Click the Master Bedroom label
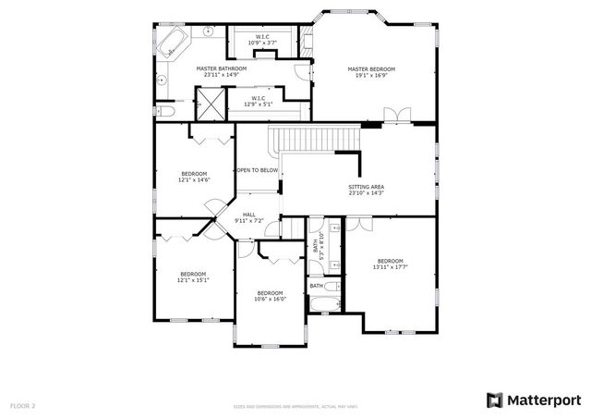click(371, 68)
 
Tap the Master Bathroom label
click(221, 68)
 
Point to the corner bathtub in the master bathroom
click(174, 42)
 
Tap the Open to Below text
click(257, 170)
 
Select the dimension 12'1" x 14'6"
click(194, 180)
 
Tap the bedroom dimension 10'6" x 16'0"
click(270, 299)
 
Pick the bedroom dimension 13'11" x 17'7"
click(389, 267)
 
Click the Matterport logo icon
click(495, 400)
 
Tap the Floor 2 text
click(22, 405)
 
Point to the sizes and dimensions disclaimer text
click(295, 406)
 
